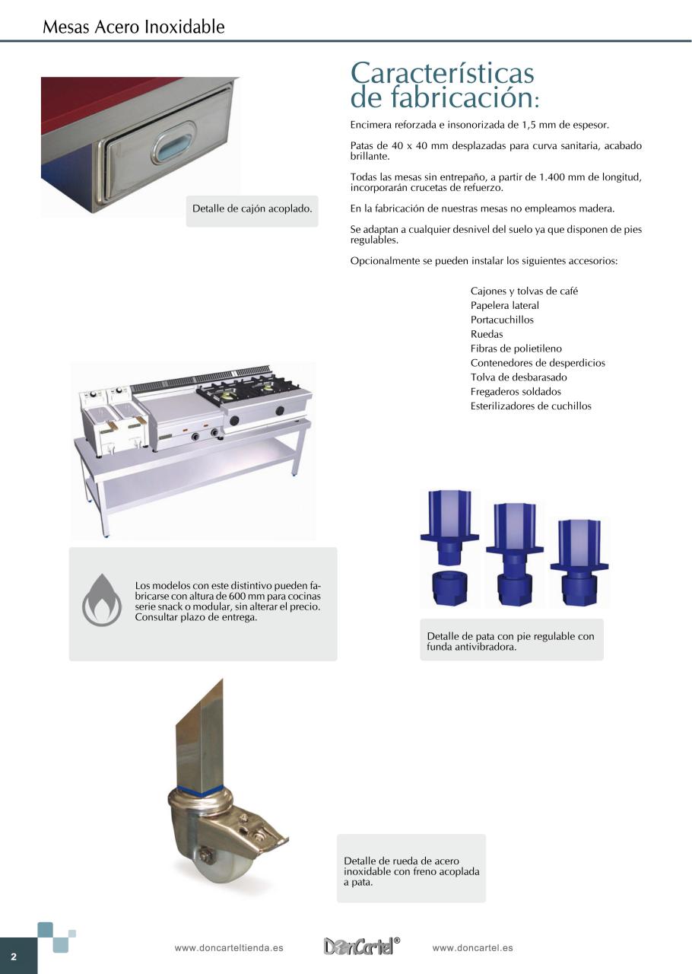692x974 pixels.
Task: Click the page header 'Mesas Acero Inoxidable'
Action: (x=134, y=27)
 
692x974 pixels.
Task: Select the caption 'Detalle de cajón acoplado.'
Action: (x=252, y=208)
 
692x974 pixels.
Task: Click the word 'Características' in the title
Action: (x=443, y=74)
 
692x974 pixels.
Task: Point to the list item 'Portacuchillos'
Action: (x=502, y=320)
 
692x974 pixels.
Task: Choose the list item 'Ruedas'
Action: (x=487, y=334)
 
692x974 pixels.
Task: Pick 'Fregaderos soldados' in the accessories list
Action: (x=516, y=392)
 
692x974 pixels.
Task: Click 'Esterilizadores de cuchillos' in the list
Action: (x=531, y=406)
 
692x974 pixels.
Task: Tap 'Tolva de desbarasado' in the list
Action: (x=519, y=377)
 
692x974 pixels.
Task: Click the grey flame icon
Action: (x=101, y=600)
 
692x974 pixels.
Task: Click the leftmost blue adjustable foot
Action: (x=449, y=546)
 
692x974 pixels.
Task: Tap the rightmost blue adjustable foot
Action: (x=579, y=559)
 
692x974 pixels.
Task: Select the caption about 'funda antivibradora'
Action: (x=511, y=641)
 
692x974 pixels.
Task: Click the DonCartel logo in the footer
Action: (x=359, y=947)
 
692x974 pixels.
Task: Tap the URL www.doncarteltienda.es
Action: (x=229, y=948)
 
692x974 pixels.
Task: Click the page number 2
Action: (x=13, y=956)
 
